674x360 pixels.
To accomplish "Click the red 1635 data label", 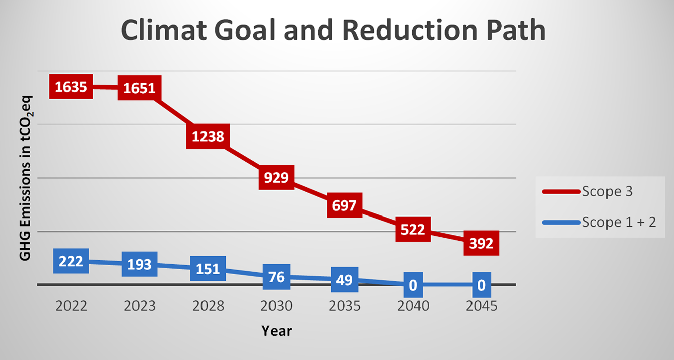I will coord(71,87).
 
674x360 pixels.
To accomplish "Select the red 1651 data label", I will coord(140,89).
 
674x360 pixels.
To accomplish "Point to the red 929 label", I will coord(277,177).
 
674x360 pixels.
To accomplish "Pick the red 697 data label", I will coord(345,205).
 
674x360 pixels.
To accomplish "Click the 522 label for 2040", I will coord(413,230).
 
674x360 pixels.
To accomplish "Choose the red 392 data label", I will coord(481,243).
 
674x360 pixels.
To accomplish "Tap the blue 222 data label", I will coord(71,261).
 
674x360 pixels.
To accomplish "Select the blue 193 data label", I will coord(140,264).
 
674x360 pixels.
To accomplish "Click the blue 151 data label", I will coord(208,269).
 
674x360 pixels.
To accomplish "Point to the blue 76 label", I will coord(277,276).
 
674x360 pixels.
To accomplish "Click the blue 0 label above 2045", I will coord(481,285).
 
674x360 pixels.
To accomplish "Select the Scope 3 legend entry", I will coord(599,191).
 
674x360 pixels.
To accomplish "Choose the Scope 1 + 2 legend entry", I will coord(599,222).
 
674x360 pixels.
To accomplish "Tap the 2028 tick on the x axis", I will coord(208,306).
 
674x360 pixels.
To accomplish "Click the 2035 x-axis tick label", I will coord(345,306).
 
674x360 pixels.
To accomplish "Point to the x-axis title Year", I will coord(277,331).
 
